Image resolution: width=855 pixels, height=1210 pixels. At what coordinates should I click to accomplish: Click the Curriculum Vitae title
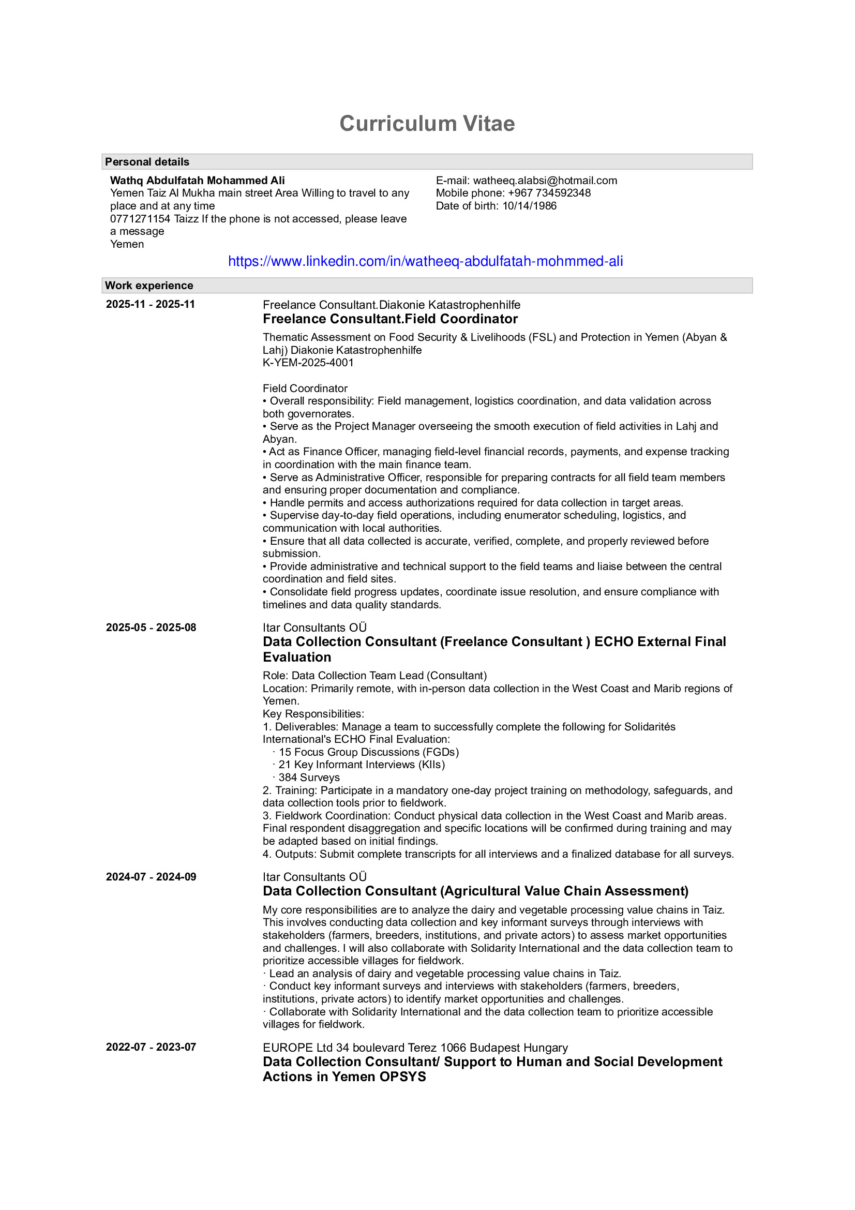point(427,124)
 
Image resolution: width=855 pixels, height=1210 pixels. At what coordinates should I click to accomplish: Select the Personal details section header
point(147,162)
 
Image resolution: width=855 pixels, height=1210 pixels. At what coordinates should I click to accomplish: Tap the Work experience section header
point(149,286)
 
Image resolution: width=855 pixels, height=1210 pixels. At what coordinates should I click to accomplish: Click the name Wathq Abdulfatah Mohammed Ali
point(198,181)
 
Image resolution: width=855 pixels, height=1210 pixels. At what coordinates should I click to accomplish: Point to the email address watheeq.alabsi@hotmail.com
point(545,181)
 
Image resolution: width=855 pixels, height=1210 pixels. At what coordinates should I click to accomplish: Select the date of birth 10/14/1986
point(529,206)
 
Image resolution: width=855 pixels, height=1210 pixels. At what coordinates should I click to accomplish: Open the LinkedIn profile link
point(425,261)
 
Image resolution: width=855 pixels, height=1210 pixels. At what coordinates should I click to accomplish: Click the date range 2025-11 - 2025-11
point(150,304)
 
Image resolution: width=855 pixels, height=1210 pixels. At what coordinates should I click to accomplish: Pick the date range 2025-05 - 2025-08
point(151,628)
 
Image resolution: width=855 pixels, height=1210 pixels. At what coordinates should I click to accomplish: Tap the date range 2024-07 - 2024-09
point(151,877)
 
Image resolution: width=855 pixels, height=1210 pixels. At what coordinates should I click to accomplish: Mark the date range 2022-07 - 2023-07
point(151,1047)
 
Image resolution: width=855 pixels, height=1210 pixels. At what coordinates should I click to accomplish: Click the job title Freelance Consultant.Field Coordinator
point(390,319)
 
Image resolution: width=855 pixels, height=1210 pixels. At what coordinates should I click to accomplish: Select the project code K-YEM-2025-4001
point(308,363)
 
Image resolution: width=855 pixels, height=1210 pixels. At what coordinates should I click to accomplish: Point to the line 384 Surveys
point(309,778)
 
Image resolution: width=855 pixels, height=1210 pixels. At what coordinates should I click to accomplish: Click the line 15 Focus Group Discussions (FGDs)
point(368,752)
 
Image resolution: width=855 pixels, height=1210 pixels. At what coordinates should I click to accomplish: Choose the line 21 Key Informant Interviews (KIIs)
point(362,765)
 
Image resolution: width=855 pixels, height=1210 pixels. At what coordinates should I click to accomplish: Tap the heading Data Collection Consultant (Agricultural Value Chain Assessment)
point(475,891)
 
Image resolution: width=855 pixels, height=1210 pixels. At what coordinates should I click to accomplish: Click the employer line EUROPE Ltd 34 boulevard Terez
point(415,1048)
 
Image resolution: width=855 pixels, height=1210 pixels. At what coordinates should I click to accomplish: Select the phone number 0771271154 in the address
point(140,219)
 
